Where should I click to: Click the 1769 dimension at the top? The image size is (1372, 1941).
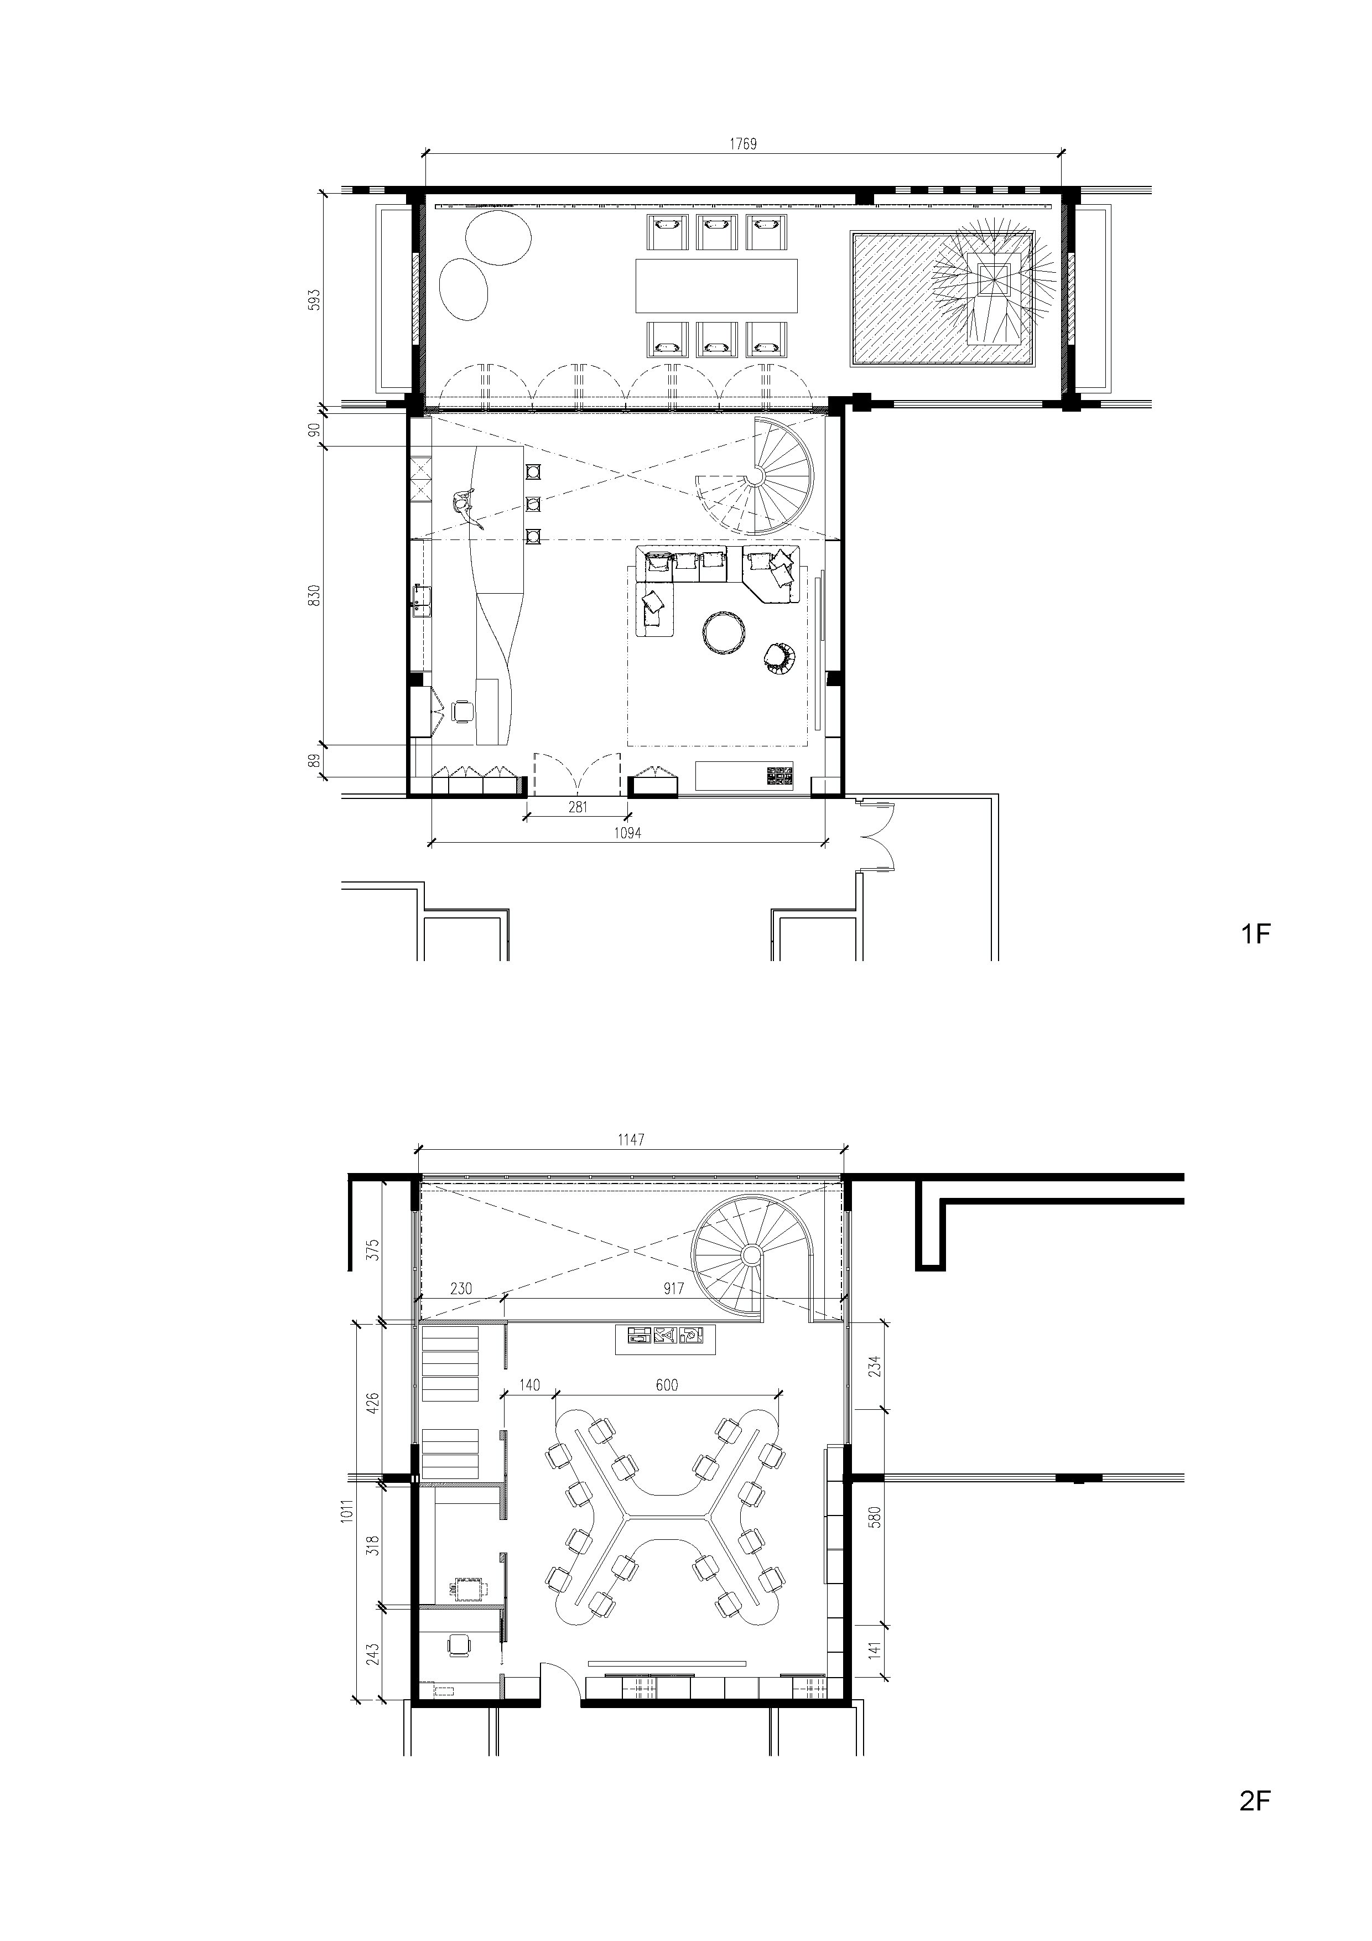coord(743,144)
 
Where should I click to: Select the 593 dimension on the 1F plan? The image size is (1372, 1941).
coord(314,302)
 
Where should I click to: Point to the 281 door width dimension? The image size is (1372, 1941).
coord(578,807)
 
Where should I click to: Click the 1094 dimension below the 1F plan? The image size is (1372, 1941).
coord(628,833)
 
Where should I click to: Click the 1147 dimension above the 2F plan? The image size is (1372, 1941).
coord(631,1140)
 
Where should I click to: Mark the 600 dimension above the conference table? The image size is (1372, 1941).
coord(666,1385)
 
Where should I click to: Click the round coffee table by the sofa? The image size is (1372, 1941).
coord(725,632)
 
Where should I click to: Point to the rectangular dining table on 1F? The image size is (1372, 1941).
coord(717,286)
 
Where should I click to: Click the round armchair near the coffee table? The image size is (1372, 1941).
coord(780,658)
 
